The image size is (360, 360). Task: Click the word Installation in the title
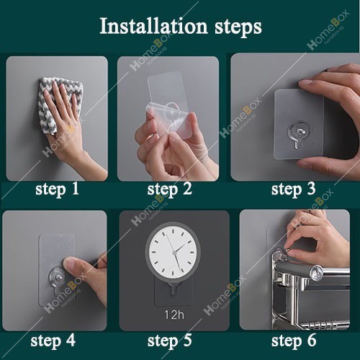pos(153,26)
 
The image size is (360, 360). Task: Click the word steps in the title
pos(238,27)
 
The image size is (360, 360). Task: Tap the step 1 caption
pos(57,189)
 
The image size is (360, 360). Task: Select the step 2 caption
pos(170,189)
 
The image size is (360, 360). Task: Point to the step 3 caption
pos(293,189)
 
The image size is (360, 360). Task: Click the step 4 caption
pos(53,341)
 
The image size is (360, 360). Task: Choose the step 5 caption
pos(170,341)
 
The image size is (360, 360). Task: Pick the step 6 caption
pos(294,341)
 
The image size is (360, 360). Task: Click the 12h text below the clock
pos(174,315)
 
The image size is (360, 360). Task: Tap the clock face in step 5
pos(173,252)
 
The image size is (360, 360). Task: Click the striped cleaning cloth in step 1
pos(59,102)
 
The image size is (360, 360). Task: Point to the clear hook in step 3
pos(299,134)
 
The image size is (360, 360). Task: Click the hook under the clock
pos(173,289)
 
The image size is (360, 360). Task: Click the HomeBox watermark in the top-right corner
pos(328,30)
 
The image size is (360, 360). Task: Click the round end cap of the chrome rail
pos(316,273)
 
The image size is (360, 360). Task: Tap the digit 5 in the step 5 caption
pos(187,341)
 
